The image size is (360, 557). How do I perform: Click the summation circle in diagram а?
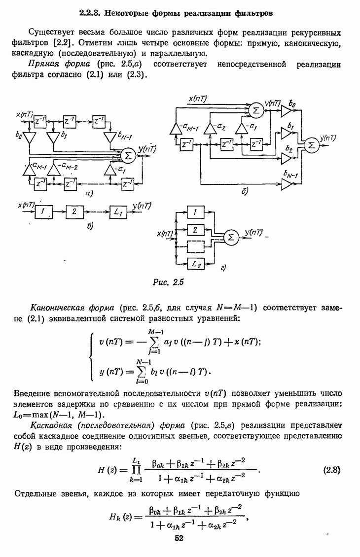[128, 155]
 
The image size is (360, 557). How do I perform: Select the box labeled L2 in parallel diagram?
[195, 264]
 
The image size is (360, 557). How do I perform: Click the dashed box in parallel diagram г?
[195, 246]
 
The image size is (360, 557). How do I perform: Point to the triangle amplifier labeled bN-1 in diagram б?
[287, 184]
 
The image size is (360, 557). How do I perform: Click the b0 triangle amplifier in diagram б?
[287, 114]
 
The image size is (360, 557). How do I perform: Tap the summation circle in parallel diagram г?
[230, 238]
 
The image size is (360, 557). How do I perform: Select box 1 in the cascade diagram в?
[43, 211]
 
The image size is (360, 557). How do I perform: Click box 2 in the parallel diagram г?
[195, 229]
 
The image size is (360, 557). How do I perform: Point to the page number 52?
[179, 538]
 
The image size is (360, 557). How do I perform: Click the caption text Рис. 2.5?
[168, 283]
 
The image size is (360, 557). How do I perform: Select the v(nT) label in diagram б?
[272, 104]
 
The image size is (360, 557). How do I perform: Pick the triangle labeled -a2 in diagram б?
[210, 129]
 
